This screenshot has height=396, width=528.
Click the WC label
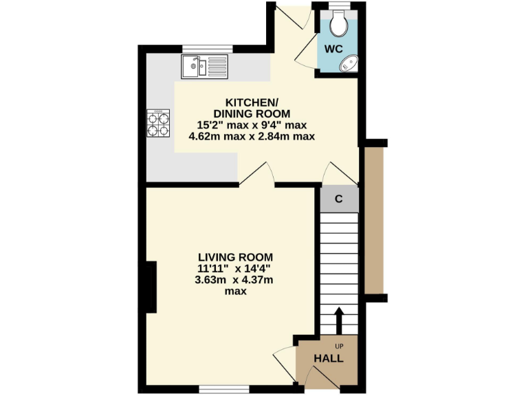pos(333,49)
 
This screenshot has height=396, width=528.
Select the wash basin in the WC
pos(349,64)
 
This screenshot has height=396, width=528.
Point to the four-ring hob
pos(159,124)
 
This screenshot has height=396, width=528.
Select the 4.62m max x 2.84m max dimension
pos(252,136)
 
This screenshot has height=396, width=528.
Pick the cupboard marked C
pos(339,200)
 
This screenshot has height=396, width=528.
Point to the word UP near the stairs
pos(339,346)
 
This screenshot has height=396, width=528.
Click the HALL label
pos(329,359)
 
